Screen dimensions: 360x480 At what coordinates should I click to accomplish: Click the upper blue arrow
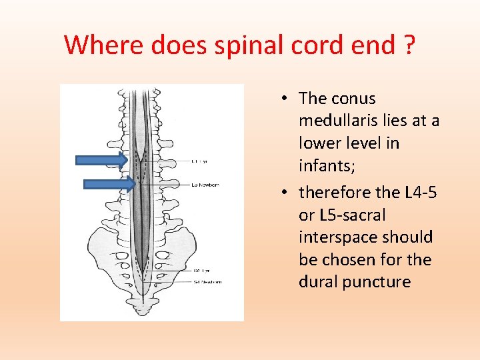pyautogui.click(x=101, y=160)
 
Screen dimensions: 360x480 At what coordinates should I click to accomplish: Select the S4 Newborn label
pyautogui.click(x=207, y=282)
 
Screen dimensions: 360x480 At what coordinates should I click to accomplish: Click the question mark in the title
pyautogui.click(x=408, y=45)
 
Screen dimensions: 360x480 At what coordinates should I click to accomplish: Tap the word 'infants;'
pyautogui.click(x=327, y=165)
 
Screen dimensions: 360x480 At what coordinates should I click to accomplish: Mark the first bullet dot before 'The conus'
pyautogui.click(x=284, y=99)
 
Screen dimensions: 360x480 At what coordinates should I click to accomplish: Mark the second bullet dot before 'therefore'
pyautogui.click(x=284, y=193)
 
